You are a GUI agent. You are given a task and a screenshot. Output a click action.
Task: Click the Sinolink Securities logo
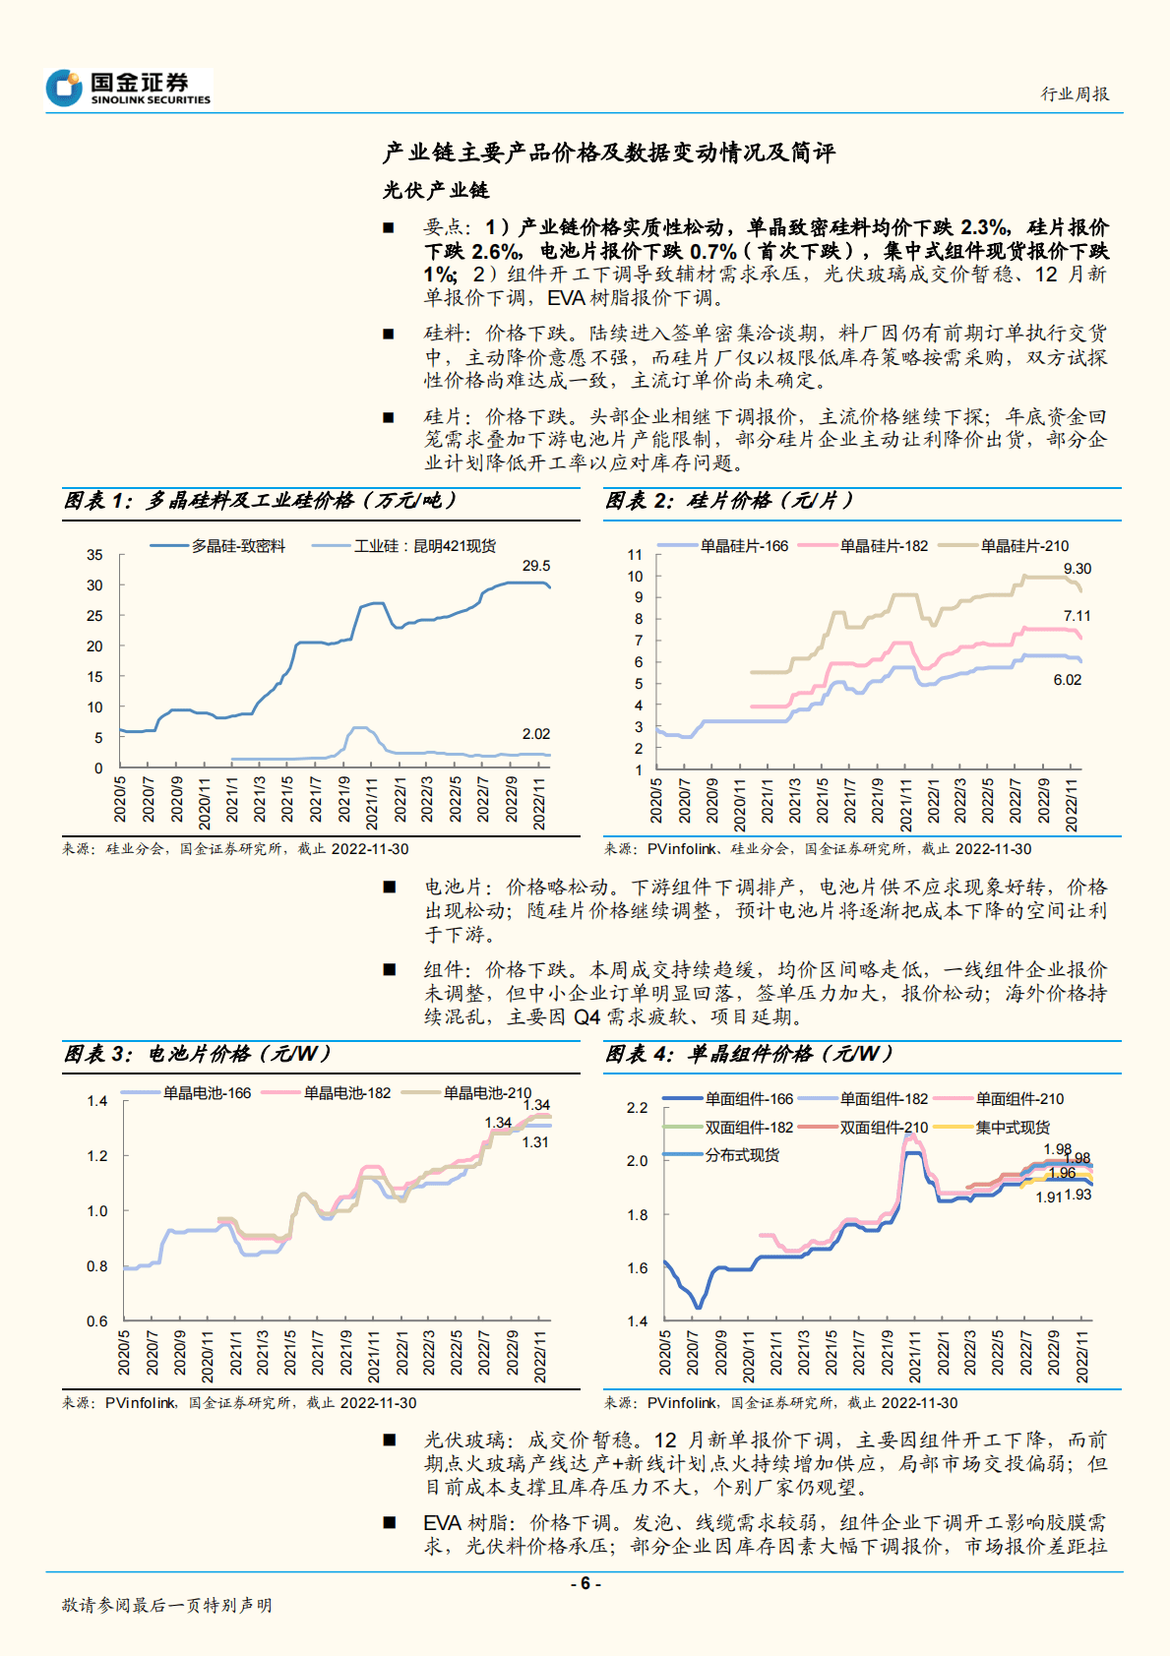tap(128, 88)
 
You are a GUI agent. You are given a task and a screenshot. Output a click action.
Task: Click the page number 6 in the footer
tap(585, 1583)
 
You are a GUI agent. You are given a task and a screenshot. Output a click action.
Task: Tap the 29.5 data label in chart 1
tap(536, 566)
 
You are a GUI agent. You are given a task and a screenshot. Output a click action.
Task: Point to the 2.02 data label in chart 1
tap(536, 734)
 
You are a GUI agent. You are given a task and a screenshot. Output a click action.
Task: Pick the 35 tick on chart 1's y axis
tap(94, 555)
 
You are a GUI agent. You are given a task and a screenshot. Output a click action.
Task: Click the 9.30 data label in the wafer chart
tap(1078, 569)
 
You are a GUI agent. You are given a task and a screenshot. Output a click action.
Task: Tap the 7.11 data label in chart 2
tap(1078, 616)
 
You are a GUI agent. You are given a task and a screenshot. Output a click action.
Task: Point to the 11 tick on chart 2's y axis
tap(635, 555)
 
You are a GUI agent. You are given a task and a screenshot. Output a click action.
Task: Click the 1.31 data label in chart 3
tap(535, 1142)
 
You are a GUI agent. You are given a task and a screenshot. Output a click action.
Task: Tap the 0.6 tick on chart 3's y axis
tap(96, 1321)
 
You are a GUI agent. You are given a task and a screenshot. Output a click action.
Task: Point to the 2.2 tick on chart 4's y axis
tap(638, 1108)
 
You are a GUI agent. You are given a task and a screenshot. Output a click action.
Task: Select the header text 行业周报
tap(1075, 94)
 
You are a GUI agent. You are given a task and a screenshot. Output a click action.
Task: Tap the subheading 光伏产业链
tap(436, 190)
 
